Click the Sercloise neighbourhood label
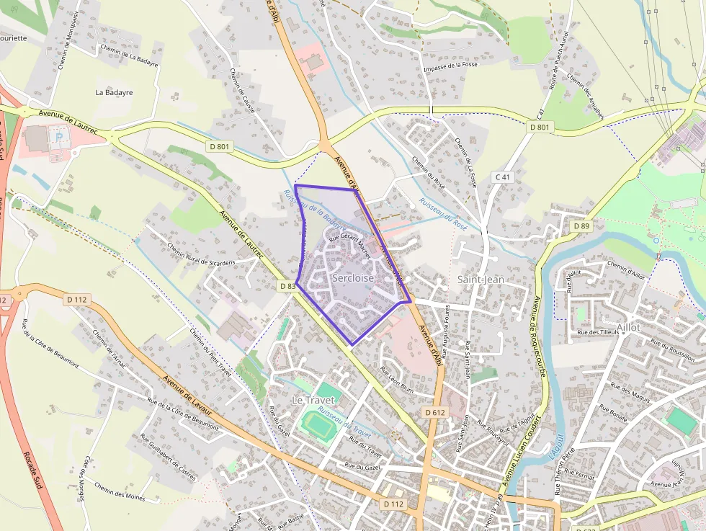353,277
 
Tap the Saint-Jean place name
481,279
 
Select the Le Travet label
313,399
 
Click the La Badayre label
115,92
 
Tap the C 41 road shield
502,177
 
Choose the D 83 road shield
287,286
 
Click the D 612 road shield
434,412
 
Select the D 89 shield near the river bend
581,226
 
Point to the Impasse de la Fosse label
452,66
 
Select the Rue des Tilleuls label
599,332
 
